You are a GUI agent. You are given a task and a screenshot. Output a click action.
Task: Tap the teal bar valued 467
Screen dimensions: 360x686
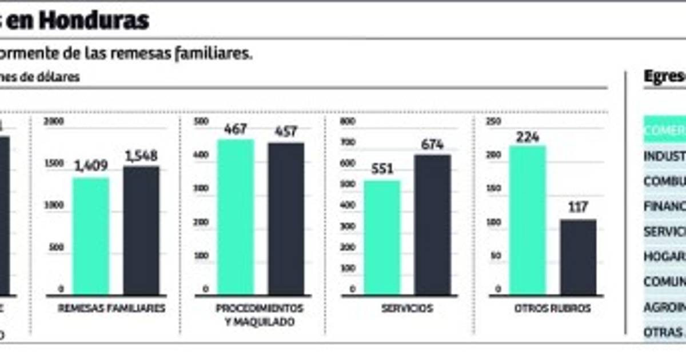(x=236, y=217)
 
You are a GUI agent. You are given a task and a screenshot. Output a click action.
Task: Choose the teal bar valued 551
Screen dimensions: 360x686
(x=382, y=237)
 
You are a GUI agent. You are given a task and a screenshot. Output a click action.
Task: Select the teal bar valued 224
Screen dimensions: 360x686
(x=528, y=220)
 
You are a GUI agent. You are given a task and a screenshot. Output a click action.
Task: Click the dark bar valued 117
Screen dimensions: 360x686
(x=578, y=257)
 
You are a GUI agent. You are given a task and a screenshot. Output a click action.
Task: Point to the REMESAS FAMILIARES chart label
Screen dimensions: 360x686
(x=111, y=309)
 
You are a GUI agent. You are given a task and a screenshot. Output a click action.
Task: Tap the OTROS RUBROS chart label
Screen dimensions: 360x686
(x=552, y=309)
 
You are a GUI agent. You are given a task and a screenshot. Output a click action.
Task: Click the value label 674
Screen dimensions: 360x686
(x=432, y=145)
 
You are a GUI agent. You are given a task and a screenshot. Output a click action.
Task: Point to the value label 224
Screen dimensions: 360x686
(x=528, y=137)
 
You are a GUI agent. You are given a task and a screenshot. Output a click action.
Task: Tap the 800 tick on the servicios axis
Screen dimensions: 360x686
(x=348, y=122)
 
